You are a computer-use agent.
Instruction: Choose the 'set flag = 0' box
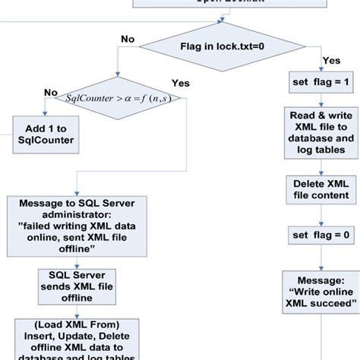click(x=321, y=236)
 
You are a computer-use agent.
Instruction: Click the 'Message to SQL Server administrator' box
click(x=77, y=228)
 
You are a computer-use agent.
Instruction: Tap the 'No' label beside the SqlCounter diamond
click(x=50, y=92)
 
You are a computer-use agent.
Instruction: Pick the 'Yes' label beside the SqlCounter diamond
click(x=182, y=83)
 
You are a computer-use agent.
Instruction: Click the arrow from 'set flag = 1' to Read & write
click(x=321, y=99)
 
